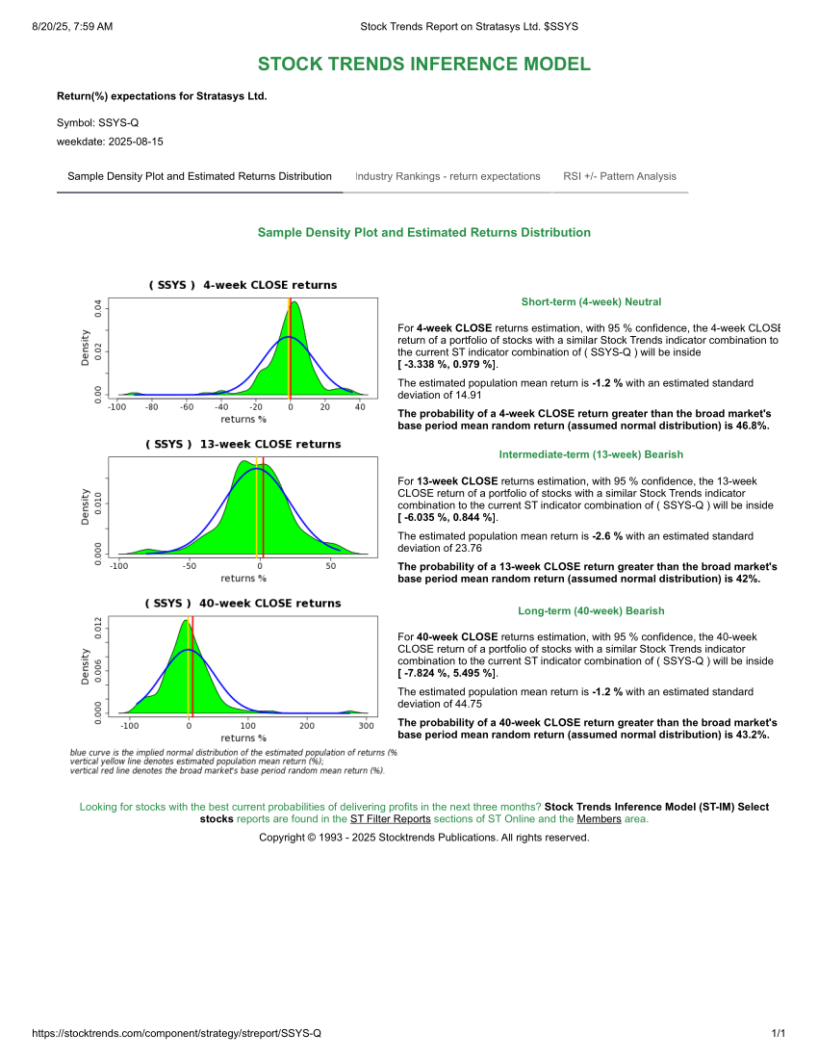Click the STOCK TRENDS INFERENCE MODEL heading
423,65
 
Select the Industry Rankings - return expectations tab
447,176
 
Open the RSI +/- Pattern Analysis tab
620,176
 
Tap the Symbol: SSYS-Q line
97,123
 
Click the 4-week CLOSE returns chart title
243,285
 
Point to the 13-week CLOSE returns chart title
243,445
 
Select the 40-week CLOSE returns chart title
243,604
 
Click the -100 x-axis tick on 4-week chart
117,407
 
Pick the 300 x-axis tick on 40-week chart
365,725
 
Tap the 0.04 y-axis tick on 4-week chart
97,307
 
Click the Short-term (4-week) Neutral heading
591,302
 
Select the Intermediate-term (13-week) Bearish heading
591,454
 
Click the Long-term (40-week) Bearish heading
591,611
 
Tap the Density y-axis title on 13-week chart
85,505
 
